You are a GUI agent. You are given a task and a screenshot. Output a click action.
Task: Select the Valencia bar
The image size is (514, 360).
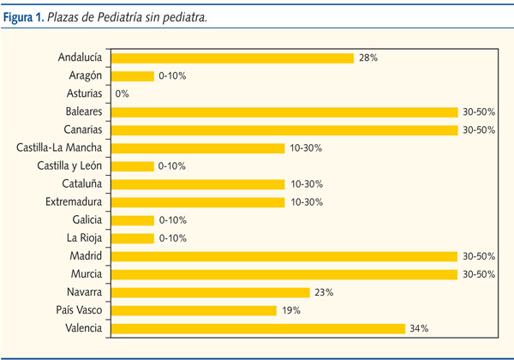click(258, 328)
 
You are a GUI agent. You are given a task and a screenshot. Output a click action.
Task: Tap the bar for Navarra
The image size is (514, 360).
click(211, 292)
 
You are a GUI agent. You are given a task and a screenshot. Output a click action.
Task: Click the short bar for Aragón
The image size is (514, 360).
click(133, 75)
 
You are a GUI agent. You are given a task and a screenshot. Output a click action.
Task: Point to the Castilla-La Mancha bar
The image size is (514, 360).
click(198, 148)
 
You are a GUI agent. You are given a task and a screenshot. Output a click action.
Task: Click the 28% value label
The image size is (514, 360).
click(368, 57)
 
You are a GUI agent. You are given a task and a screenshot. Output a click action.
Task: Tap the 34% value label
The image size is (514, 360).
click(419, 328)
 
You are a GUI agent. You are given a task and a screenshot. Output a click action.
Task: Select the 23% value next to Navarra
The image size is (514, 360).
click(324, 292)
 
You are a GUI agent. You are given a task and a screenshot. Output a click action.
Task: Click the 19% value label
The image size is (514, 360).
click(291, 310)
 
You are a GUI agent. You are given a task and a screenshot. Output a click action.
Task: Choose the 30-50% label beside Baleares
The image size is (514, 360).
click(477, 112)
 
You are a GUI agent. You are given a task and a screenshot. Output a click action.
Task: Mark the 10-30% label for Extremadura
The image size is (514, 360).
click(306, 202)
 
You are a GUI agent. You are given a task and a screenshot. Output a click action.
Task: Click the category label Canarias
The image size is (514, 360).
click(83, 129)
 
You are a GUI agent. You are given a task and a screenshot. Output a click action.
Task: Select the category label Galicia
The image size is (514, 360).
click(87, 220)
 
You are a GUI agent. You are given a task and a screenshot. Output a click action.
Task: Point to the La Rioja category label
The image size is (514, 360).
click(85, 238)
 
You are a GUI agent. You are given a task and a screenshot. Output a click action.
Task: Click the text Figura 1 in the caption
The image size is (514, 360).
click(27, 15)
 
